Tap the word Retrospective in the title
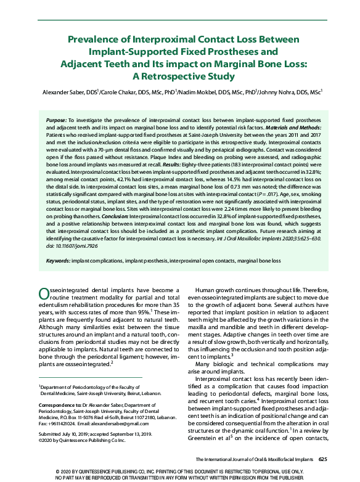pos(182,76)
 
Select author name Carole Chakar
pos(123,92)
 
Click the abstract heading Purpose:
pos(58,117)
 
